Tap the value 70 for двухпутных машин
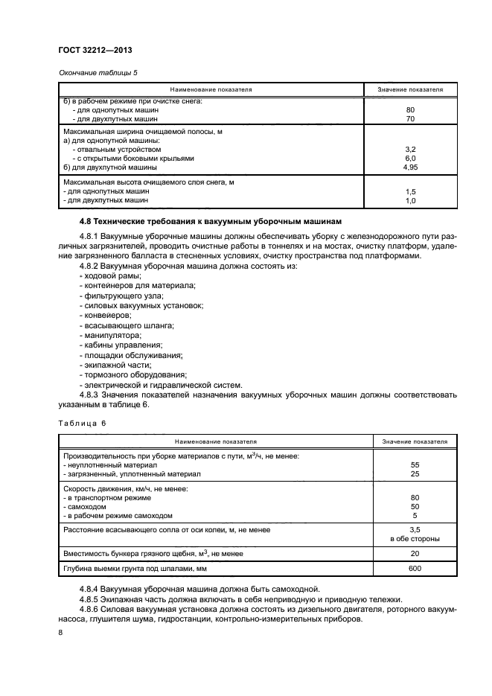(x=409, y=119)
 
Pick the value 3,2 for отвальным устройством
(x=409, y=149)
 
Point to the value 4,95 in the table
(x=409, y=167)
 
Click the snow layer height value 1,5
(x=409, y=191)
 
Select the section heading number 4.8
(x=87, y=222)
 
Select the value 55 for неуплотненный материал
(x=415, y=464)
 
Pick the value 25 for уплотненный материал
(x=415, y=474)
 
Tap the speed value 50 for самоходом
(x=415, y=506)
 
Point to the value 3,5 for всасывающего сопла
(x=415, y=529)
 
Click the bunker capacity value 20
(x=415, y=553)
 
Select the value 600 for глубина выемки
(x=415, y=569)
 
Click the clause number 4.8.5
(x=92, y=598)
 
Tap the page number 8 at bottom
(x=60, y=633)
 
